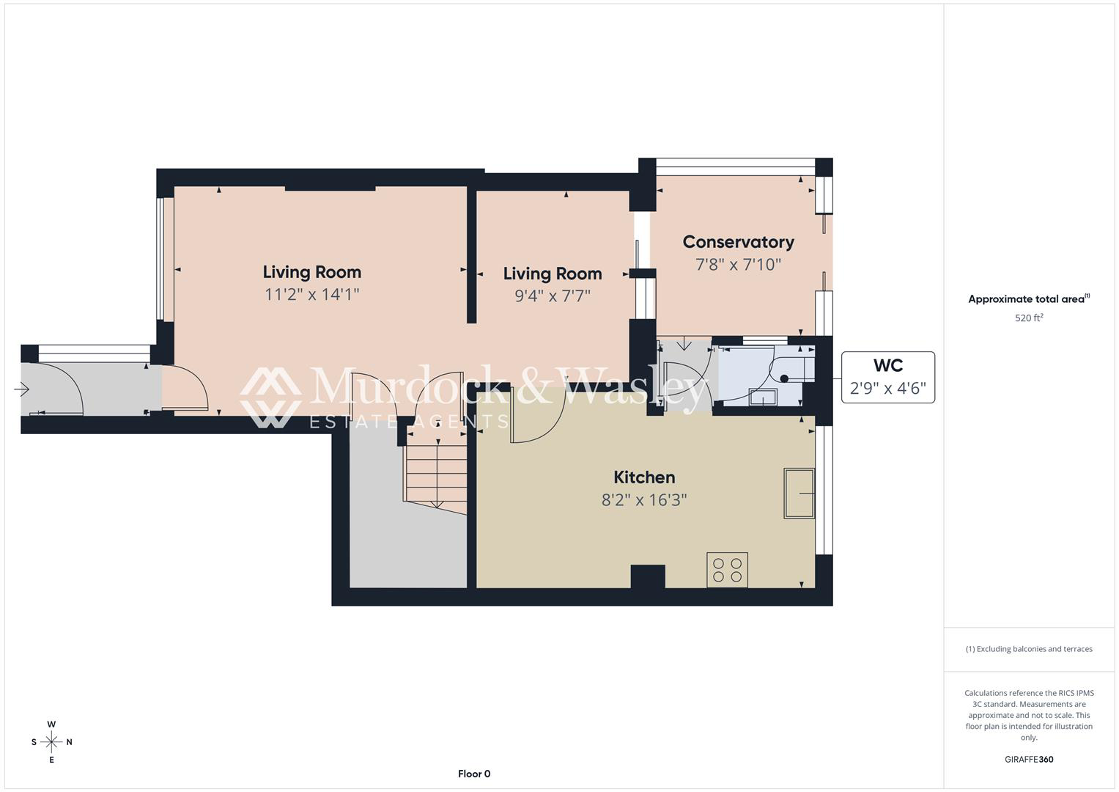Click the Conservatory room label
[739, 242]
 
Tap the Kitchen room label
[644, 477]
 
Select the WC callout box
[887, 377]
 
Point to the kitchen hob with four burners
[727, 570]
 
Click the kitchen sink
[799, 493]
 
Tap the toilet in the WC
[791, 370]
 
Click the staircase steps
[435, 472]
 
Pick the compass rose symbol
[51, 741]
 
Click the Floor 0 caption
[474, 774]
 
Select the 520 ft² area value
[1029, 318]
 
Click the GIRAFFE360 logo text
[1029, 759]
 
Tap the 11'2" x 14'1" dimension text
[311, 294]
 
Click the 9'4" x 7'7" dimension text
[553, 296]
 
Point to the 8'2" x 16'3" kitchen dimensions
[644, 499]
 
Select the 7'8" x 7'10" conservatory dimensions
[739, 264]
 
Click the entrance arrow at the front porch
[21, 389]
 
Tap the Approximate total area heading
[1029, 298]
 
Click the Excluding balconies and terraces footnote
[1029, 648]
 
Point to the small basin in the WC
[762, 397]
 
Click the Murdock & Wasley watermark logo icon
[270, 397]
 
